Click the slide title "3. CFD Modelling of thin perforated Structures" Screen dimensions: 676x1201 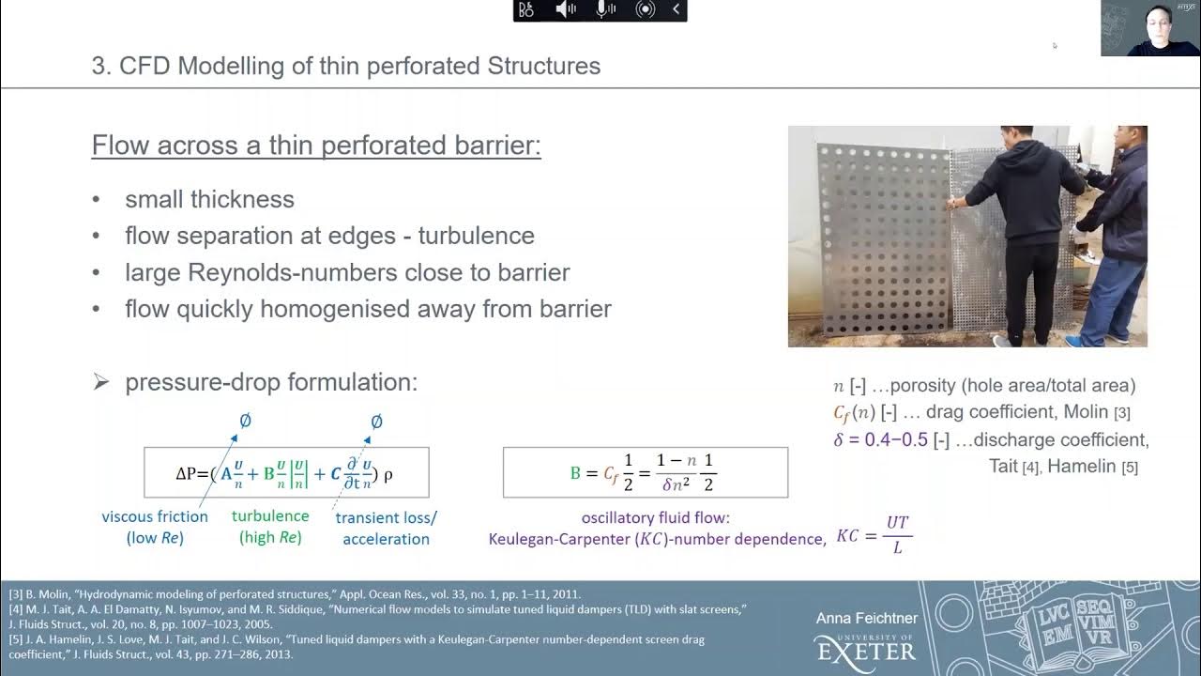coord(346,67)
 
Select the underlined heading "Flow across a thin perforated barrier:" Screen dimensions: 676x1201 coord(316,146)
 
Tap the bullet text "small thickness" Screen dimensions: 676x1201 coord(209,199)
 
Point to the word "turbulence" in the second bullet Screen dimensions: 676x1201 coord(476,235)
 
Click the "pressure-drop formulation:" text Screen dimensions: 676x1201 coord(270,382)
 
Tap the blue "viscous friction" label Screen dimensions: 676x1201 coord(155,515)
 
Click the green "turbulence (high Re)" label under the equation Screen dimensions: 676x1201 coord(270,527)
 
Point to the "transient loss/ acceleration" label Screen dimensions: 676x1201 coord(386,528)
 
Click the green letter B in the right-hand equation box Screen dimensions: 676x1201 coord(575,473)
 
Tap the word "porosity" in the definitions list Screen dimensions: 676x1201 coord(926,385)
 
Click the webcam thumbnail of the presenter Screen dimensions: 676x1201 coord(1149,28)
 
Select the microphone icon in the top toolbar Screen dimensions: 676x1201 coord(605,9)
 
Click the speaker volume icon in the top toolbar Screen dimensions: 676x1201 coord(566,9)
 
